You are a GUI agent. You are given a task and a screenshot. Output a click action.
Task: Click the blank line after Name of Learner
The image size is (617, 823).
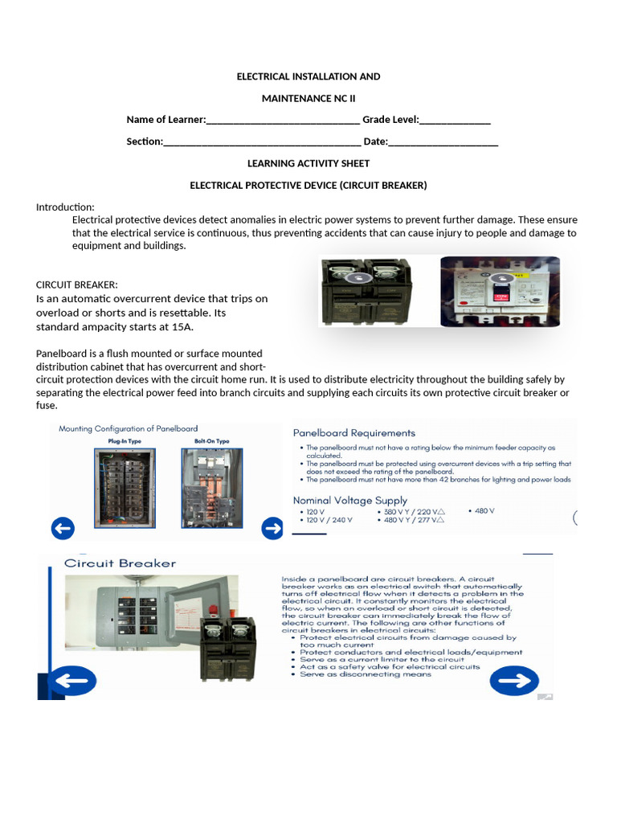[283, 121]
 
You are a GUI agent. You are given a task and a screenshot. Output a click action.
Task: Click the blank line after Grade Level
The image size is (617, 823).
[455, 121]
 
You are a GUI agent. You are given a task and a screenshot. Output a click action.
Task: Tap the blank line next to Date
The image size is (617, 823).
[443, 143]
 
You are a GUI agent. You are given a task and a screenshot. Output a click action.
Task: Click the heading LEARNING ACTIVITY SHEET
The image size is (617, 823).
[308, 163]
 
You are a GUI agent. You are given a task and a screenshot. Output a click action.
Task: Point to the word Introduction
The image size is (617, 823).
[65, 207]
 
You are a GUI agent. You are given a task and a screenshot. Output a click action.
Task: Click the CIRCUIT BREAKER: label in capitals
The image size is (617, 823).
[77, 285]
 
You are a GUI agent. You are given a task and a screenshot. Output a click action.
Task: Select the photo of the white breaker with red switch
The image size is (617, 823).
[500, 290]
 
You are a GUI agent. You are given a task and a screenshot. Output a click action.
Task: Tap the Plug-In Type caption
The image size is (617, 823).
[124, 441]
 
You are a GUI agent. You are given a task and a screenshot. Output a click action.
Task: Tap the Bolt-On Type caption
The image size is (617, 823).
[211, 441]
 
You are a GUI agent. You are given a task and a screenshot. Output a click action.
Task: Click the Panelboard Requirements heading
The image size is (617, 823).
[354, 432]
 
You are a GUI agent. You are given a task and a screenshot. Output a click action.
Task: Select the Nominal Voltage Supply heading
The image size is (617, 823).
[350, 500]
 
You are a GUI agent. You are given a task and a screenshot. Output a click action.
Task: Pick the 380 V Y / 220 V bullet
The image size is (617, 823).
[418, 511]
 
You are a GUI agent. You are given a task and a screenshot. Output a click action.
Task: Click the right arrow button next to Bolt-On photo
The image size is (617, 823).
[272, 528]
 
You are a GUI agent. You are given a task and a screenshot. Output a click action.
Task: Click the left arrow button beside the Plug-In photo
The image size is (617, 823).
[63, 528]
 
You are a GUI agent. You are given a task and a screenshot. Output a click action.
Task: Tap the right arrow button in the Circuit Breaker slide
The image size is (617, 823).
[514, 682]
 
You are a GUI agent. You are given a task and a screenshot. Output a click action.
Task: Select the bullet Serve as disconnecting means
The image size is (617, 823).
[366, 674]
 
